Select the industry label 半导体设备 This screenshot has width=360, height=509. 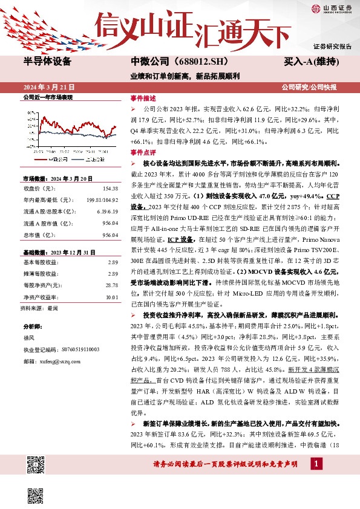click(x=48, y=62)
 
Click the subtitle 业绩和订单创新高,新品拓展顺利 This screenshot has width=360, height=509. click(x=186, y=76)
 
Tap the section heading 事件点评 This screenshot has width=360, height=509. click(x=143, y=153)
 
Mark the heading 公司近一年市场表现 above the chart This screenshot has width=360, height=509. click(x=48, y=97)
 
